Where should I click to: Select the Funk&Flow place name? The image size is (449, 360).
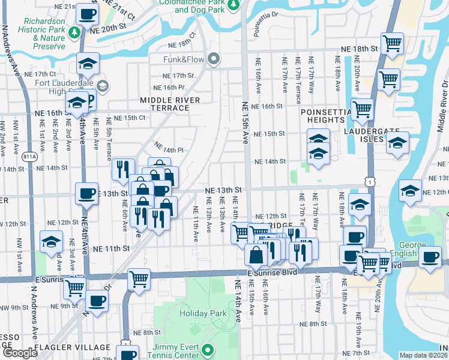(184, 59)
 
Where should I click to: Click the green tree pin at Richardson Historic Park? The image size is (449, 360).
(76, 32)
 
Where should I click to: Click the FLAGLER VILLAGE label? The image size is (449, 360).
(72, 347)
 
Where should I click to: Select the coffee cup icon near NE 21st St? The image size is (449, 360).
(87, 13)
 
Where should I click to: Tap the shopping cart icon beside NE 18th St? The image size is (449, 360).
(392, 43)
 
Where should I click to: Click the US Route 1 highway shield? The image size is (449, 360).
(373, 180)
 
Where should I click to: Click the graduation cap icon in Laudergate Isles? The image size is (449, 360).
(397, 143)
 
